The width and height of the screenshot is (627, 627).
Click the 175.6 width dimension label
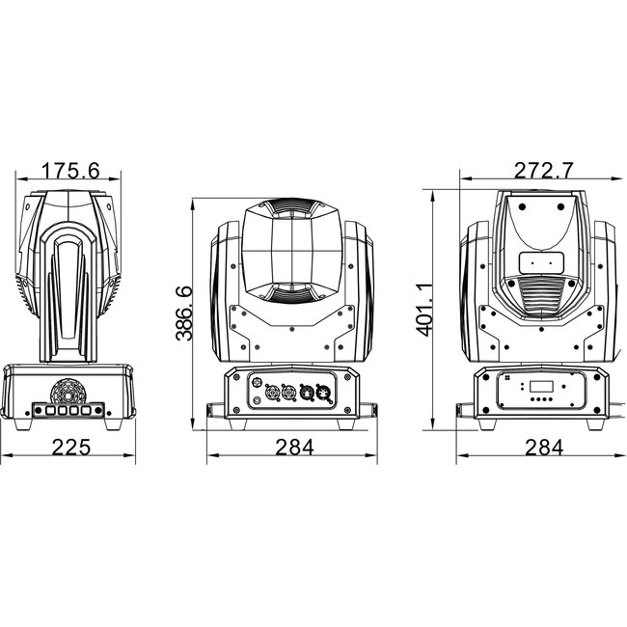(x=71, y=171)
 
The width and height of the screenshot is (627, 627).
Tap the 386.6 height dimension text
(x=183, y=313)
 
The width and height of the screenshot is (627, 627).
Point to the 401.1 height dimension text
(x=423, y=310)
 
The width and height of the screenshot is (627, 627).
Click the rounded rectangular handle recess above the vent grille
(x=539, y=262)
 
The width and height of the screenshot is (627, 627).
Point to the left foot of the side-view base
(x=26, y=423)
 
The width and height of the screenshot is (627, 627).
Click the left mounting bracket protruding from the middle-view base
(x=213, y=411)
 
